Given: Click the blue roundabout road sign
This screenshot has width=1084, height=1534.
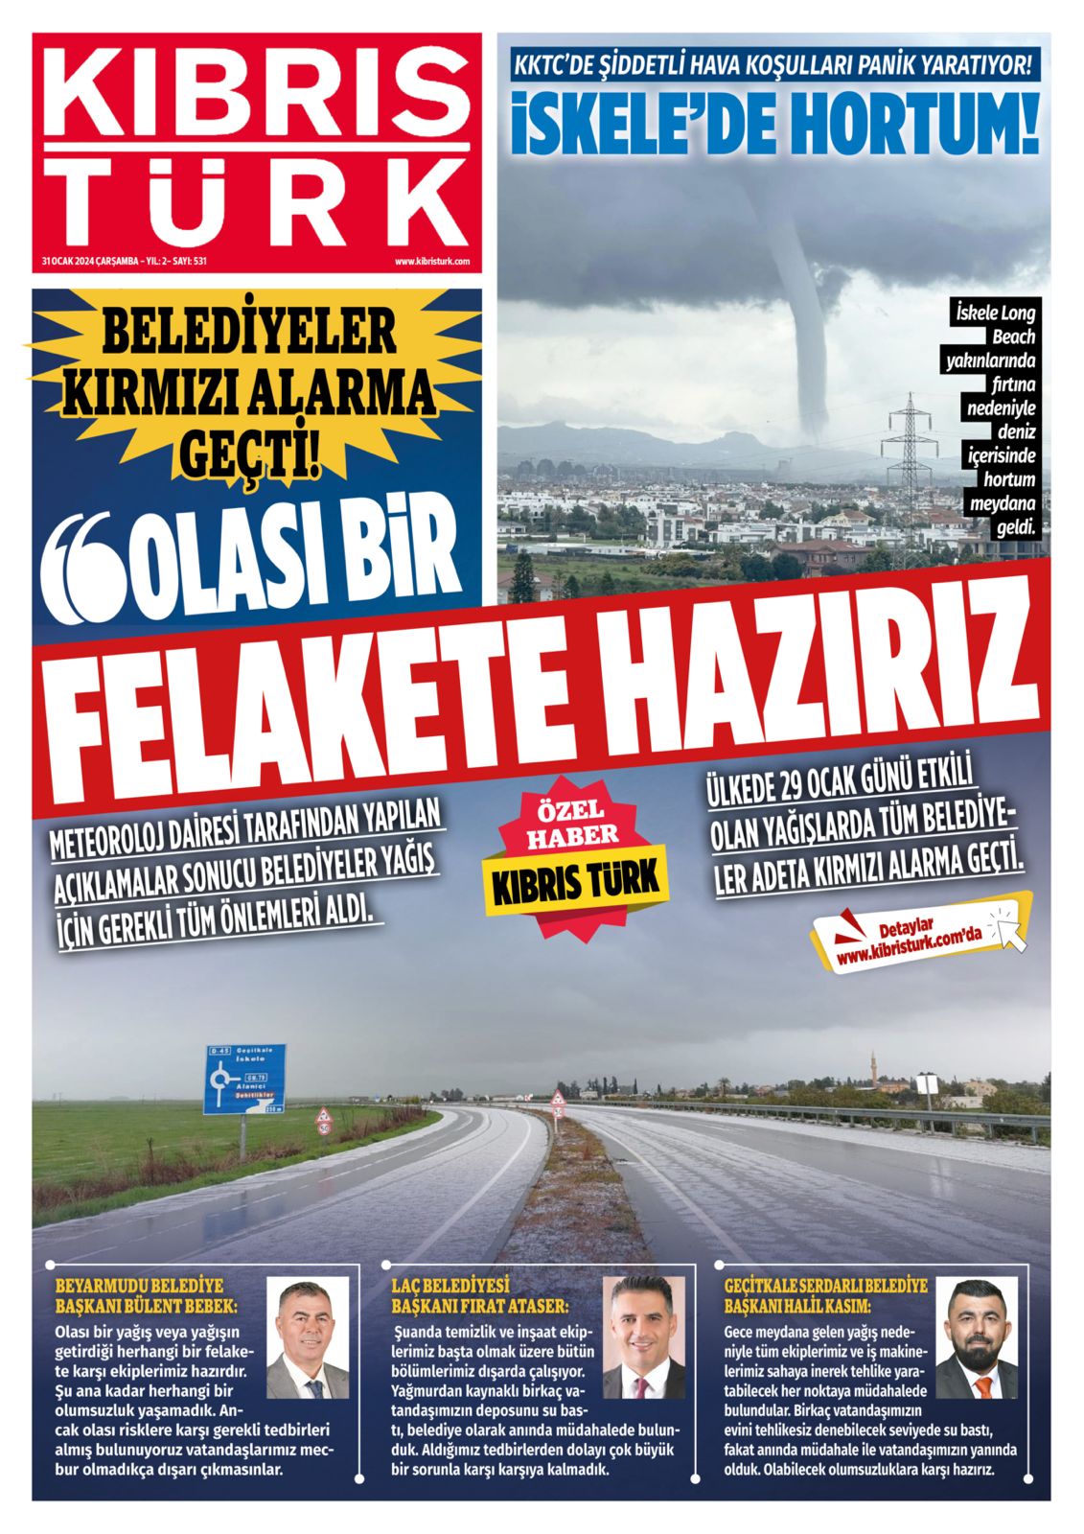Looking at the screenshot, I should click(245, 1079).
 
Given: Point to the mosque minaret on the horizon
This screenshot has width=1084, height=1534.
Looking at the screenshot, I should click(874, 1068).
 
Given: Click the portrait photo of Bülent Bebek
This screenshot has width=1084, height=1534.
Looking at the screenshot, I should click(307, 1339).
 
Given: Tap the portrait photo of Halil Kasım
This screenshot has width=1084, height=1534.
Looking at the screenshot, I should click(976, 1337).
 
